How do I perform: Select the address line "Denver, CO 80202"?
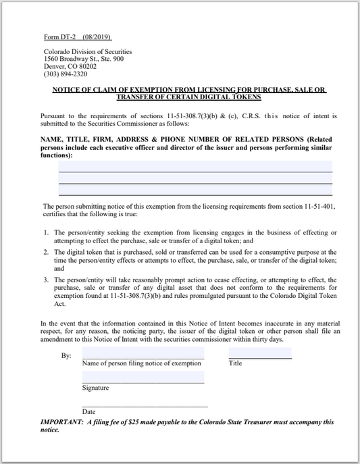[70, 67]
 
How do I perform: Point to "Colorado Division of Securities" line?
[88, 52]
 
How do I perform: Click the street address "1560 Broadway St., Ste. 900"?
[84, 59]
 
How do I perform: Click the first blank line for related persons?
[195, 166]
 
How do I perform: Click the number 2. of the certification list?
[47, 252]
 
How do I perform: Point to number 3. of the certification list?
[47, 280]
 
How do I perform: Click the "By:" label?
[66, 355]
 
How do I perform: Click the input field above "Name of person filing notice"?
[143, 353]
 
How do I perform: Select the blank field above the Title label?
[260, 353]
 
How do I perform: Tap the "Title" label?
[235, 363]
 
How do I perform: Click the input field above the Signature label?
[143, 377]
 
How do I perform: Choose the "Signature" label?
[95, 388]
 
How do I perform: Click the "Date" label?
[88, 411]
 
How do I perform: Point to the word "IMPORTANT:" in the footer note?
[61, 422]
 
